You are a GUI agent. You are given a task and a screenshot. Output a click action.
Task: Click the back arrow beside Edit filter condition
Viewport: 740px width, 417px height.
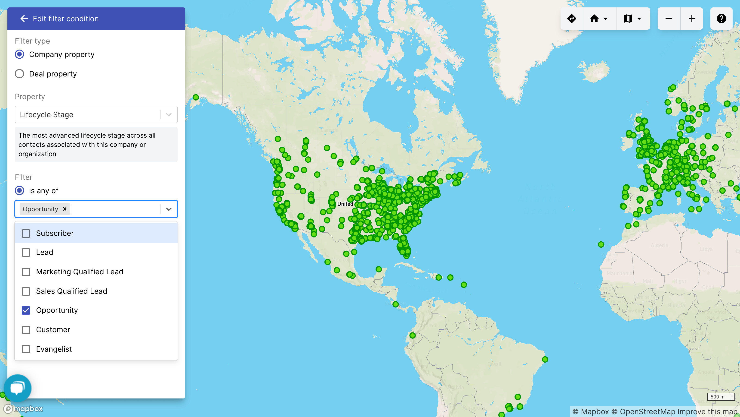[x=24, y=19]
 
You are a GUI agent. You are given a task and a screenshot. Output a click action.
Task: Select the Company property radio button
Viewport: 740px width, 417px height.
[x=19, y=54]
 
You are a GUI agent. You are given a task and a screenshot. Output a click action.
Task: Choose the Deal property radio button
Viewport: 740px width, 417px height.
[x=19, y=74]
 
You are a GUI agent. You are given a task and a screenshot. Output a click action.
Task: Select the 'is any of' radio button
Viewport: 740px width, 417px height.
[x=19, y=190]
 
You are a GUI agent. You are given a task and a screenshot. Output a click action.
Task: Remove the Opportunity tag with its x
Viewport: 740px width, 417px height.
[x=65, y=209]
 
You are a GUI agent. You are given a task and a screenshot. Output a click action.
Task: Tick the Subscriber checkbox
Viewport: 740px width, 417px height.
[x=26, y=233]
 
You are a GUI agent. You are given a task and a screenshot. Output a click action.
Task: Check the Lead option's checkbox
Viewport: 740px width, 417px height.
[x=26, y=252]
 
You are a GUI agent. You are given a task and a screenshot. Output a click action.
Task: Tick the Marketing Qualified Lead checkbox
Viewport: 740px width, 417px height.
[x=26, y=272]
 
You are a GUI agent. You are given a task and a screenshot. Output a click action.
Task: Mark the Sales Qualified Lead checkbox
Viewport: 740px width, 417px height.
[x=26, y=291]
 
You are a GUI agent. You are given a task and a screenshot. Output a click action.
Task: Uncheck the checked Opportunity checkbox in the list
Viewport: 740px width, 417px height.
[x=26, y=310]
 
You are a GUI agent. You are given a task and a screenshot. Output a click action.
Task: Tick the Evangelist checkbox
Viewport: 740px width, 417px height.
[x=26, y=349]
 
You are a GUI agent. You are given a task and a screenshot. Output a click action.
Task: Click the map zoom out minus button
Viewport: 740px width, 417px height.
[x=669, y=19]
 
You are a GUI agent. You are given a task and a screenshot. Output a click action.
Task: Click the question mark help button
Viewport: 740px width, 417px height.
[x=721, y=19]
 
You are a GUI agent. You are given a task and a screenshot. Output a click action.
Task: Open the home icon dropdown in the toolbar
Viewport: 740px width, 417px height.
[x=599, y=19]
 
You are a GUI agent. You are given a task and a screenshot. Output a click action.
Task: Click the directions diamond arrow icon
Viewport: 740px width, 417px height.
[x=572, y=19]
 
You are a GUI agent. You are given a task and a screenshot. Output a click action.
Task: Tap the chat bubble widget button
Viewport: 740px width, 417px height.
[x=18, y=388]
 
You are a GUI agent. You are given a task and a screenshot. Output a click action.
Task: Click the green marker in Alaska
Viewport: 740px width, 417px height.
[x=196, y=97]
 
